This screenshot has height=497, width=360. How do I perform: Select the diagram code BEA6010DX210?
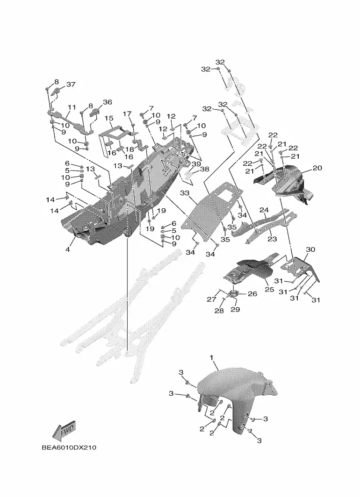coord(69,447)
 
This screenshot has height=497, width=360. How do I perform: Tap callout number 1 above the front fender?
coord(212,357)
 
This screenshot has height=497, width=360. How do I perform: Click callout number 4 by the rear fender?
coord(67,249)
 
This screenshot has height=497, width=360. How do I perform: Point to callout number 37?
coord(71,84)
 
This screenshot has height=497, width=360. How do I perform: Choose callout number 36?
coord(108,102)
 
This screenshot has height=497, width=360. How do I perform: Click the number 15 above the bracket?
coord(109,119)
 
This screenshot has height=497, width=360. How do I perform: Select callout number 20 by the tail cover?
coord(317,168)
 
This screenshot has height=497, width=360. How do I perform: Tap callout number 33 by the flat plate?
coord(185,193)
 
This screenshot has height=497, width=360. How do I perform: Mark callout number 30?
coord(310,249)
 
